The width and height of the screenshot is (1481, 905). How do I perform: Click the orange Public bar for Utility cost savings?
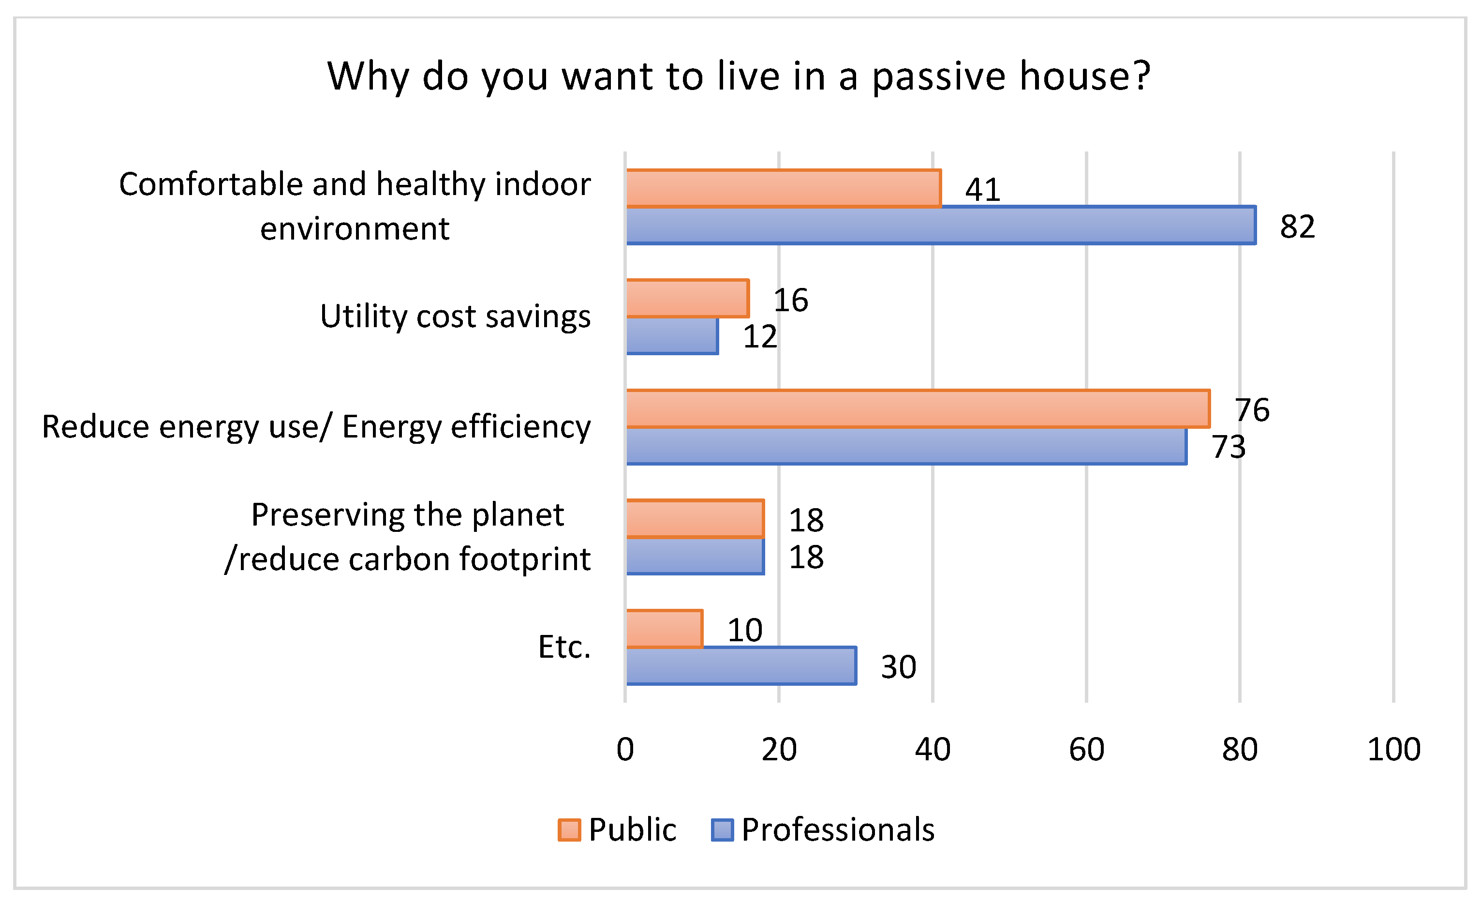coord(687,298)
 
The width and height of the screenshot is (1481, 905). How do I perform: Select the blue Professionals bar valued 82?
coord(941,226)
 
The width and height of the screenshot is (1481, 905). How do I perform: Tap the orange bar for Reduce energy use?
coord(918,409)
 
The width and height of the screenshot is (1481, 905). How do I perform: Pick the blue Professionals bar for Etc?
coord(741,665)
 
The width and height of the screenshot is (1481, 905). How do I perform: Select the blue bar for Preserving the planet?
coord(695,556)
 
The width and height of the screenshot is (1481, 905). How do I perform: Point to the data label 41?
coord(982,190)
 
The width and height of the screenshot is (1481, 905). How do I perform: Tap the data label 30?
coord(898,667)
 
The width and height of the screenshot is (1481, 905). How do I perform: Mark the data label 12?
coord(760,337)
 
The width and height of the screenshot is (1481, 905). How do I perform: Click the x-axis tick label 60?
coord(1086,750)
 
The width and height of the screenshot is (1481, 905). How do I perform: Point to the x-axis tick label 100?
coord(1393,750)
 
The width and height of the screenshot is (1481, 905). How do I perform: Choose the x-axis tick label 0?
coord(625,750)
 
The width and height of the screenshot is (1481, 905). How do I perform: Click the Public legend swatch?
coord(569,830)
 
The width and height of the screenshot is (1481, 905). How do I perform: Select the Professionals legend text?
coord(837,830)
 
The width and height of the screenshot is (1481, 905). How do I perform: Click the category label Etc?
coord(564,647)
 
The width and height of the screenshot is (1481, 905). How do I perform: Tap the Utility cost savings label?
coord(455,317)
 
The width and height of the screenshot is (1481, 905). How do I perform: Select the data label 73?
coord(1228,447)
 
